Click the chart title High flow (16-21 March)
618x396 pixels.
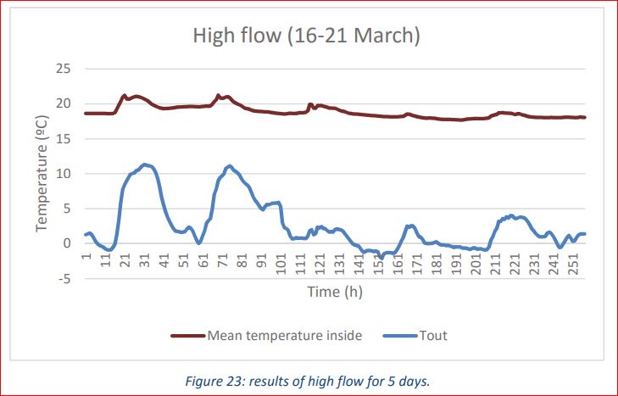pyautogui.click(x=307, y=36)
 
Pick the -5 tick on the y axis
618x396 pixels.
pyautogui.click(x=64, y=278)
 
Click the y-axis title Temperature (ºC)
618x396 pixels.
pyautogui.click(x=42, y=174)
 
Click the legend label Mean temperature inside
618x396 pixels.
pyautogui.click(x=285, y=335)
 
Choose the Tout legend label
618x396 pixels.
pyautogui.click(x=433, y=335)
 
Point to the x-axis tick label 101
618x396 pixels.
pyautogui.click(x=282, y=262)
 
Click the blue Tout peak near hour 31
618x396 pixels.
pyautogui.click(x=145, y=165)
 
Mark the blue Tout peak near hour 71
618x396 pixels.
pyautogui.click(x=229, y=165)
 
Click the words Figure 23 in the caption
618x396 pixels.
pyautogui.click(x=211, y=381)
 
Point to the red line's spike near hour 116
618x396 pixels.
pyautogui.click(x=310, y=104)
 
